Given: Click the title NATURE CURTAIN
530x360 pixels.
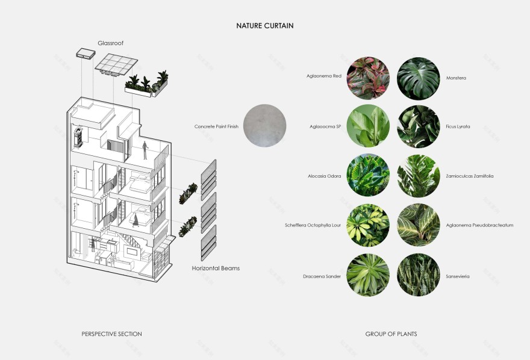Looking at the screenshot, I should click(264, 26).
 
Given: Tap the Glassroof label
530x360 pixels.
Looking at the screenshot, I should click(111, 43).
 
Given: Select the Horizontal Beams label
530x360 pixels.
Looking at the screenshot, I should click(216, 268).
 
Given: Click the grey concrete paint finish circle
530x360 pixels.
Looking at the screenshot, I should click(264, 126).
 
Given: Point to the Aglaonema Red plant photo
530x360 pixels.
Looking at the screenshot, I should click(368, 78).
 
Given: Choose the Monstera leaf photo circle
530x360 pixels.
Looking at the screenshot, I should click(419, 78).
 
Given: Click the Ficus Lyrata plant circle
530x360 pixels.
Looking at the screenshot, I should click(419, 126).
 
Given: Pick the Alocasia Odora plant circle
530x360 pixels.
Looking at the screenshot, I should click(368, 176).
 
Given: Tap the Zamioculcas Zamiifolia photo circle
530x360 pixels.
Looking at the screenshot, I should click(419, 176).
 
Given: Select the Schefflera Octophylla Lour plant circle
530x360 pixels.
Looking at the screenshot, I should click(368, 225).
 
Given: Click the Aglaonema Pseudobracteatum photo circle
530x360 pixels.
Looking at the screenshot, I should click(419, 225).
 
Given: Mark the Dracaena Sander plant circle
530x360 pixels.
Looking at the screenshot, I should click(368, 276).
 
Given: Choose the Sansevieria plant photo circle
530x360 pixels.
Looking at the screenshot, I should click(419, 276).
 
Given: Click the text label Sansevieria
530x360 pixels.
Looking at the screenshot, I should click(458, 276).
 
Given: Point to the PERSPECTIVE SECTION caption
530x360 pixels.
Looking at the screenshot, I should click(111, 334).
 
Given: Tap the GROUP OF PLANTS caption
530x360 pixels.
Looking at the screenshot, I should click(391, 334).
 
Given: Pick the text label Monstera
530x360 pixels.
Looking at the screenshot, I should click(456, 78).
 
